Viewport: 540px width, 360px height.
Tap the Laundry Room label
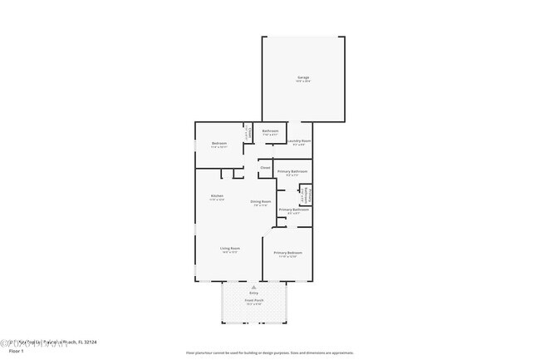click(300, 141)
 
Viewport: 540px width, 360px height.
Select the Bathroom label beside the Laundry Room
click(270, 131)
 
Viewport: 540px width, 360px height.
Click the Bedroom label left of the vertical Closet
click(219, 144)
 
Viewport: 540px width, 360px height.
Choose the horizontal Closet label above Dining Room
click(265, 168)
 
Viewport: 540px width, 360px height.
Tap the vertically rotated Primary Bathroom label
click(305, 194)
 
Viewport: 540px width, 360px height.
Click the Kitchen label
click(216, 196)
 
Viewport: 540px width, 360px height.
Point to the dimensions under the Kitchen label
click(216, 200)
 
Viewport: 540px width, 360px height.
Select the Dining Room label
click(261, 201)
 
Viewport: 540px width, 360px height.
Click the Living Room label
click(230, 248)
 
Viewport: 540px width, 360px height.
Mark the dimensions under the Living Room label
click(230, 252)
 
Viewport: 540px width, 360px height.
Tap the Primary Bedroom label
click(287, 252)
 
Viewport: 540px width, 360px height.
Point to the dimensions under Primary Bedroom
click(287, 256)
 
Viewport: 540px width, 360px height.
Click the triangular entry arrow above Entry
click(253, 287)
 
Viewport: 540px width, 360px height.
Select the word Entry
click(253, 293)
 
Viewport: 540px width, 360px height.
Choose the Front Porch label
click(253, 300)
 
